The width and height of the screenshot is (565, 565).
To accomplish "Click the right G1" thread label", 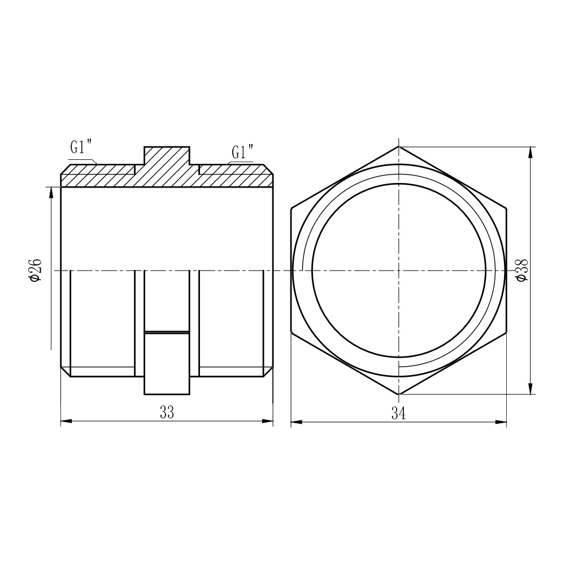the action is (x=242, y=151).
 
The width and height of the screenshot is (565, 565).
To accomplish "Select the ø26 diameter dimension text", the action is (x=36, y=270).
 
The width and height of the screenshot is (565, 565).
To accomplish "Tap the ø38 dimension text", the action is (x=521, y=270).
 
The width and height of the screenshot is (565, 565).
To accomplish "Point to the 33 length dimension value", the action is (x=167, y=412).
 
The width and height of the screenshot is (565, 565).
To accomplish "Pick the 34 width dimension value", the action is (x=398, y=414).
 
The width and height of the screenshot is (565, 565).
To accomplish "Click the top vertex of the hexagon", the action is (x=398, y=146).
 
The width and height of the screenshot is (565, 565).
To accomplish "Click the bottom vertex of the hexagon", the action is (x=398, y=394).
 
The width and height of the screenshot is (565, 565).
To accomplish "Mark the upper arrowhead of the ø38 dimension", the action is (x=530, y=152).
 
